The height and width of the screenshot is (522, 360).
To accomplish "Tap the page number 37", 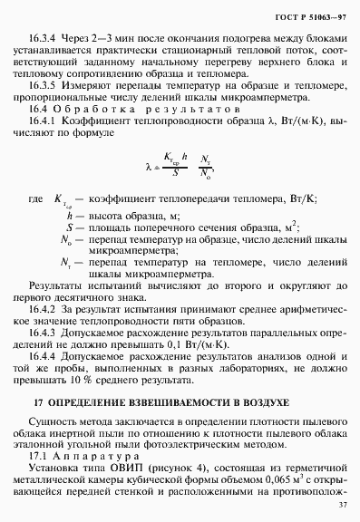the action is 342,506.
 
